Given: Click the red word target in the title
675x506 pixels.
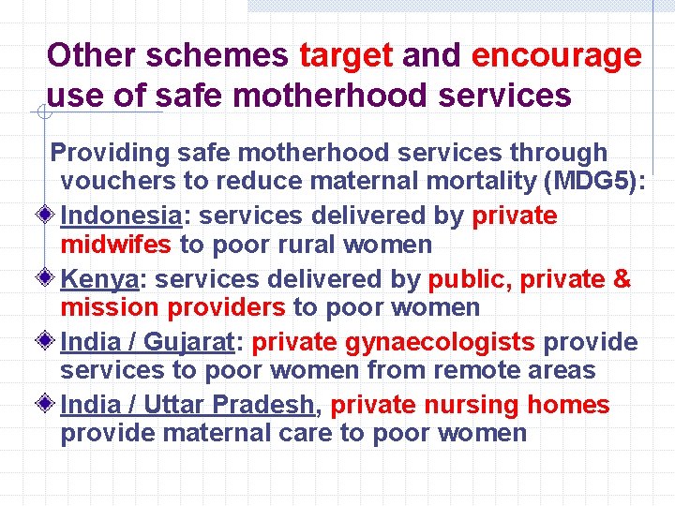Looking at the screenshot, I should [x=346, y=56].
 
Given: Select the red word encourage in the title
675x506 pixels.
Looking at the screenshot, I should [x=556, y=56].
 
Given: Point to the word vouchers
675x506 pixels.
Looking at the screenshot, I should [x=117, y=182].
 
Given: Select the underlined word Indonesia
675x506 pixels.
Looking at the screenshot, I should [x=121, y=216].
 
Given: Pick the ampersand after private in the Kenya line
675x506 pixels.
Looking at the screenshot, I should [x=622, y=279].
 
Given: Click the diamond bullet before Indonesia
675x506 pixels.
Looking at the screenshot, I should [x=49, y=216].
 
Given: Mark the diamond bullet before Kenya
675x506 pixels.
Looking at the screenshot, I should [x=49, y=279].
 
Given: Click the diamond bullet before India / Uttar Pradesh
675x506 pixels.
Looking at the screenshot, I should [x=49, y=405].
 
